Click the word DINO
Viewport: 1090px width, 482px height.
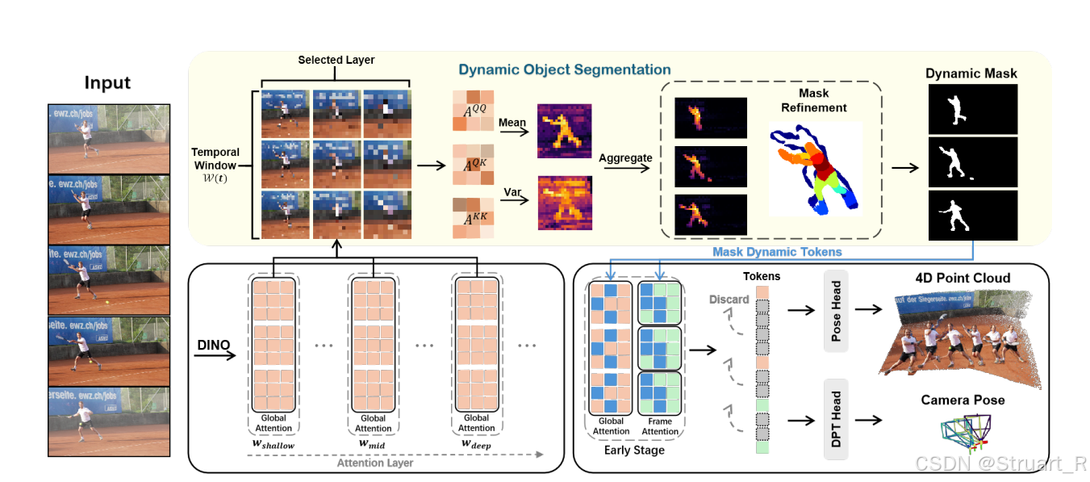click(x=214, y=346)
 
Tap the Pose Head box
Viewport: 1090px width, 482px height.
click(x=836, y=311)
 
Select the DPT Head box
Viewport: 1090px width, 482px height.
click(x=836, y=419)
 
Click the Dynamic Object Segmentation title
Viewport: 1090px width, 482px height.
click(x=565, y=69)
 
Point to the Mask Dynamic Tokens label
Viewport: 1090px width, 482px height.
click(x=777, y=252)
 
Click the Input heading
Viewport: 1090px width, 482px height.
click(x=107, y=83)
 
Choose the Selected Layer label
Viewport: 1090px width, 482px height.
click(x=336, y=61)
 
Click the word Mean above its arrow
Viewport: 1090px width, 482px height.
click(x=512, y=124)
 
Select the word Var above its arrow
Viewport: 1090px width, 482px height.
click(x=510, y=192)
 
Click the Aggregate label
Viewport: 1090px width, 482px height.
click(x=625, y=158)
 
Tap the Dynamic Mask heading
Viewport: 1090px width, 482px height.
click(x=971, y=73)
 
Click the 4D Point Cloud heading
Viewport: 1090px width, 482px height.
click(x=963, y=278)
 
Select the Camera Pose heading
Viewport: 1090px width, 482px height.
click(x=963, y=400)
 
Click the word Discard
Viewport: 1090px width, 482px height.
click(x=729, y=300)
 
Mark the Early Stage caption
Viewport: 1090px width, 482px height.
click(x=634, y=450)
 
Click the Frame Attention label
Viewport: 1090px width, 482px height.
click(x=660, y=425)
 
